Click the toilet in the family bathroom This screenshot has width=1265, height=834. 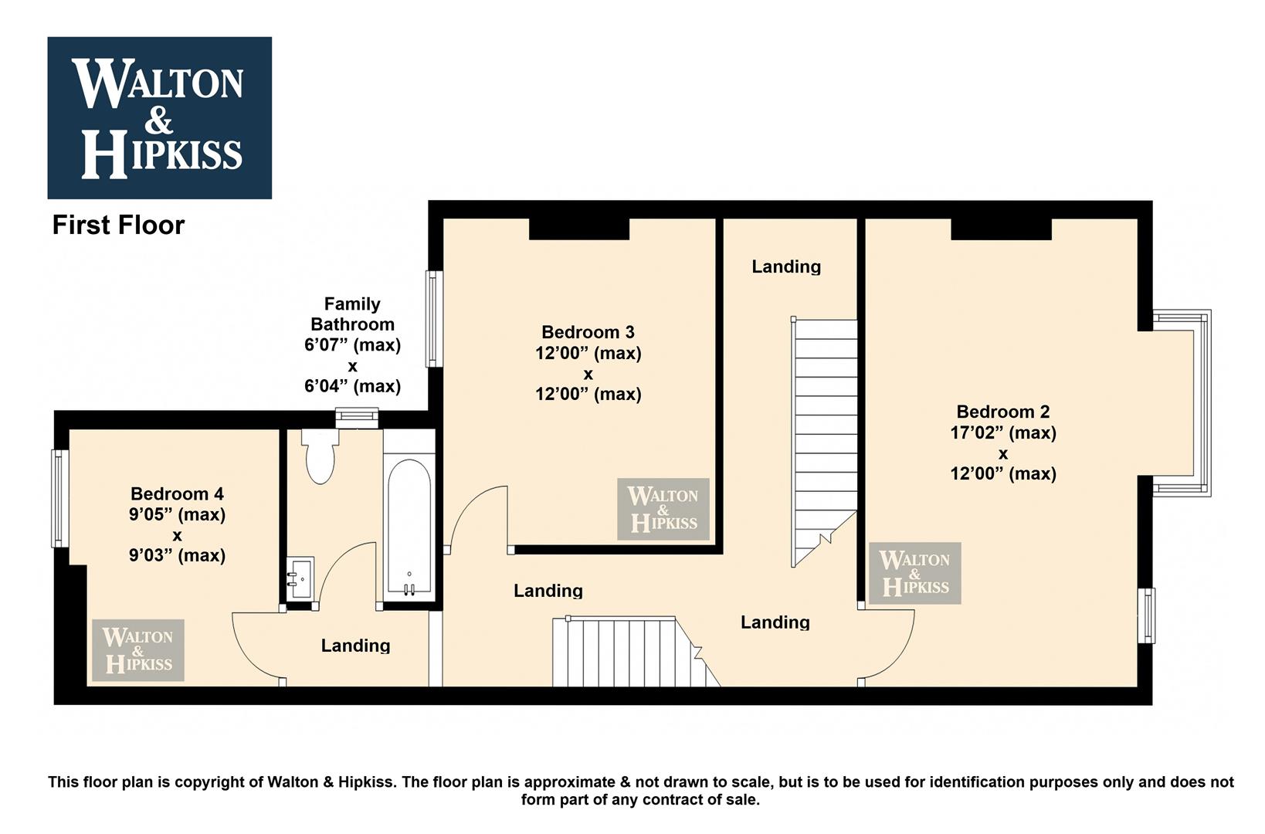pos(320,455)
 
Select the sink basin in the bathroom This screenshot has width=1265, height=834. pos(300,578)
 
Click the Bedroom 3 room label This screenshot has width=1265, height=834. pos(588,331)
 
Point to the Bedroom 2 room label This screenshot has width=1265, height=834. pos(1003,412)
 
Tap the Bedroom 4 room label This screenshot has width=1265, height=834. pos(177,493)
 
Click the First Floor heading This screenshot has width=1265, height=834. pos(119,225)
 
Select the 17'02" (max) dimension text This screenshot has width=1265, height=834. pos(1003,432)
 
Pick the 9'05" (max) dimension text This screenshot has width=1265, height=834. pos(177,514)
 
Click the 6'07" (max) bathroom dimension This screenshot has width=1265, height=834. pos(352,344)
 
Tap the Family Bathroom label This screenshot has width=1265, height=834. pos(352,314)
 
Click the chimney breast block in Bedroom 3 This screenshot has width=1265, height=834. pos(579,229)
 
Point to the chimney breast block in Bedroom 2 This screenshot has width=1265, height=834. pos(1002,229)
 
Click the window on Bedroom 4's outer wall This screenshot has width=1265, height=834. pos(60,498)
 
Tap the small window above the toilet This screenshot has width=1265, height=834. pos(357,417)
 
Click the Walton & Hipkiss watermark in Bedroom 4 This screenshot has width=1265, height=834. pos(137,650)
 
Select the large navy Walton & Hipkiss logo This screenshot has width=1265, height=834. pos(159,118)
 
